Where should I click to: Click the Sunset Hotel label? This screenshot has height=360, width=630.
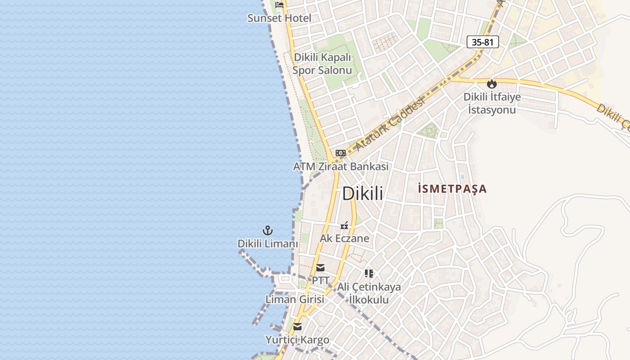click(x=279, y=18)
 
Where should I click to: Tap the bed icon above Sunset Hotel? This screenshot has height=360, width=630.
click(x=279, y=5)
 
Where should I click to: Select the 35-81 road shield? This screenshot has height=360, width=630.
click(x=482, y=42)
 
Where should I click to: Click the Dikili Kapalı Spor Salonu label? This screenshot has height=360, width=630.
click(x=322, y=64)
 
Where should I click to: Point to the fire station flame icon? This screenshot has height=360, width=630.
click(x=491, y=84)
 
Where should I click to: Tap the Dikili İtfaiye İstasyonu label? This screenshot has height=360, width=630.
click(x=492, y=103)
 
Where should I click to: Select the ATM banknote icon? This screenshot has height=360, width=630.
click(x=341, y=153)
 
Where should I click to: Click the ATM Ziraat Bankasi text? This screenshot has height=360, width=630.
click(x=341, y=166)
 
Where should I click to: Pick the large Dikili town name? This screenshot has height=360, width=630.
click(x=363, y=193)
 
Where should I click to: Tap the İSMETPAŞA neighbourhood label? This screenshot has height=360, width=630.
click(x=452, y=189)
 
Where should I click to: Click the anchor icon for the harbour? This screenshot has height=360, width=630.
click(x=268, y=231)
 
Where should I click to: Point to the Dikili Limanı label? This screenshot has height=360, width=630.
click(x=268, y=243)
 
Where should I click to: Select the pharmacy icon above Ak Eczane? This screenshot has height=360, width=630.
click(x=344, y=225)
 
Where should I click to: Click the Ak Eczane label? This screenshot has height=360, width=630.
click(x=344, y=238)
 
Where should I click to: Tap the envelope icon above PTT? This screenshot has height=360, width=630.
click(x=320, y=268)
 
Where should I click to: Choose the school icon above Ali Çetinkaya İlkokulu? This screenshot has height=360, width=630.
click(x=369, y=273)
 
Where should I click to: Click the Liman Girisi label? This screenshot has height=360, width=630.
click(x=295, y=299)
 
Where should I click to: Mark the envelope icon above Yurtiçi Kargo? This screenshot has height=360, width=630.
click(x=297, y=327)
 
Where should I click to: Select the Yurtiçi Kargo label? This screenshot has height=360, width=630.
click(x=297, y=340)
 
